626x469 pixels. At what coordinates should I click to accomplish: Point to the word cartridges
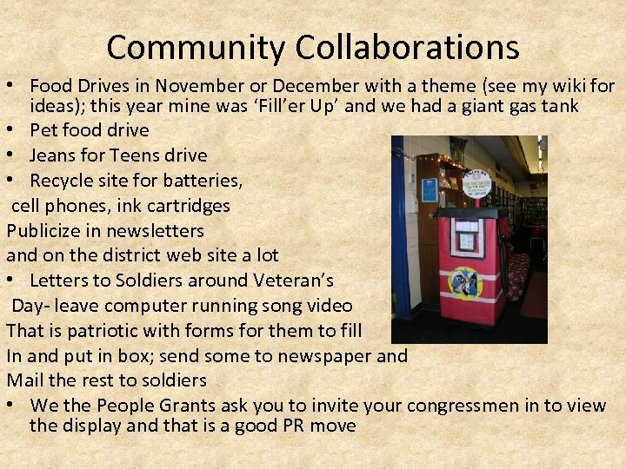188,206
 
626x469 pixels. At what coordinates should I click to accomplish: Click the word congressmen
470,406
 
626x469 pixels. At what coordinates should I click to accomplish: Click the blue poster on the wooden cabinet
430,189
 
